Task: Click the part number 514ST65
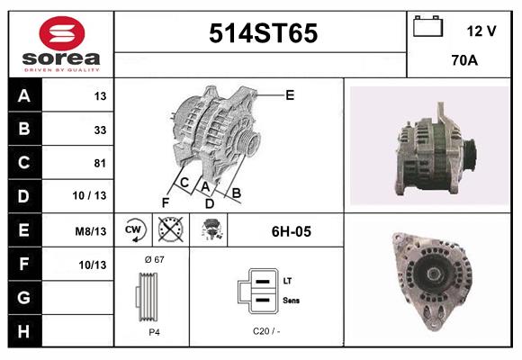[x=263, y=34]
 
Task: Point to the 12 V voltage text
[x=481, y=31]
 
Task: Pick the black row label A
[x=23, y=96]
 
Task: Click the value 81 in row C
[x=100, y=164]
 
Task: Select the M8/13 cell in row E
[x=92, y=231]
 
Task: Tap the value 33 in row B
[x=100, y=130]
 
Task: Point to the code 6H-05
[x=291, y=231]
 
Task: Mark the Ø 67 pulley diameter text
[x=154, y=259]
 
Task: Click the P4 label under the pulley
[x=154, y=331]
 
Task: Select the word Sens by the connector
[x=291, y=300]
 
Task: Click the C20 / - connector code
[x=265, y=331]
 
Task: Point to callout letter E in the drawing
[x=290, y=94]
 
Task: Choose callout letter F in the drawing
[x=165, y=202]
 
